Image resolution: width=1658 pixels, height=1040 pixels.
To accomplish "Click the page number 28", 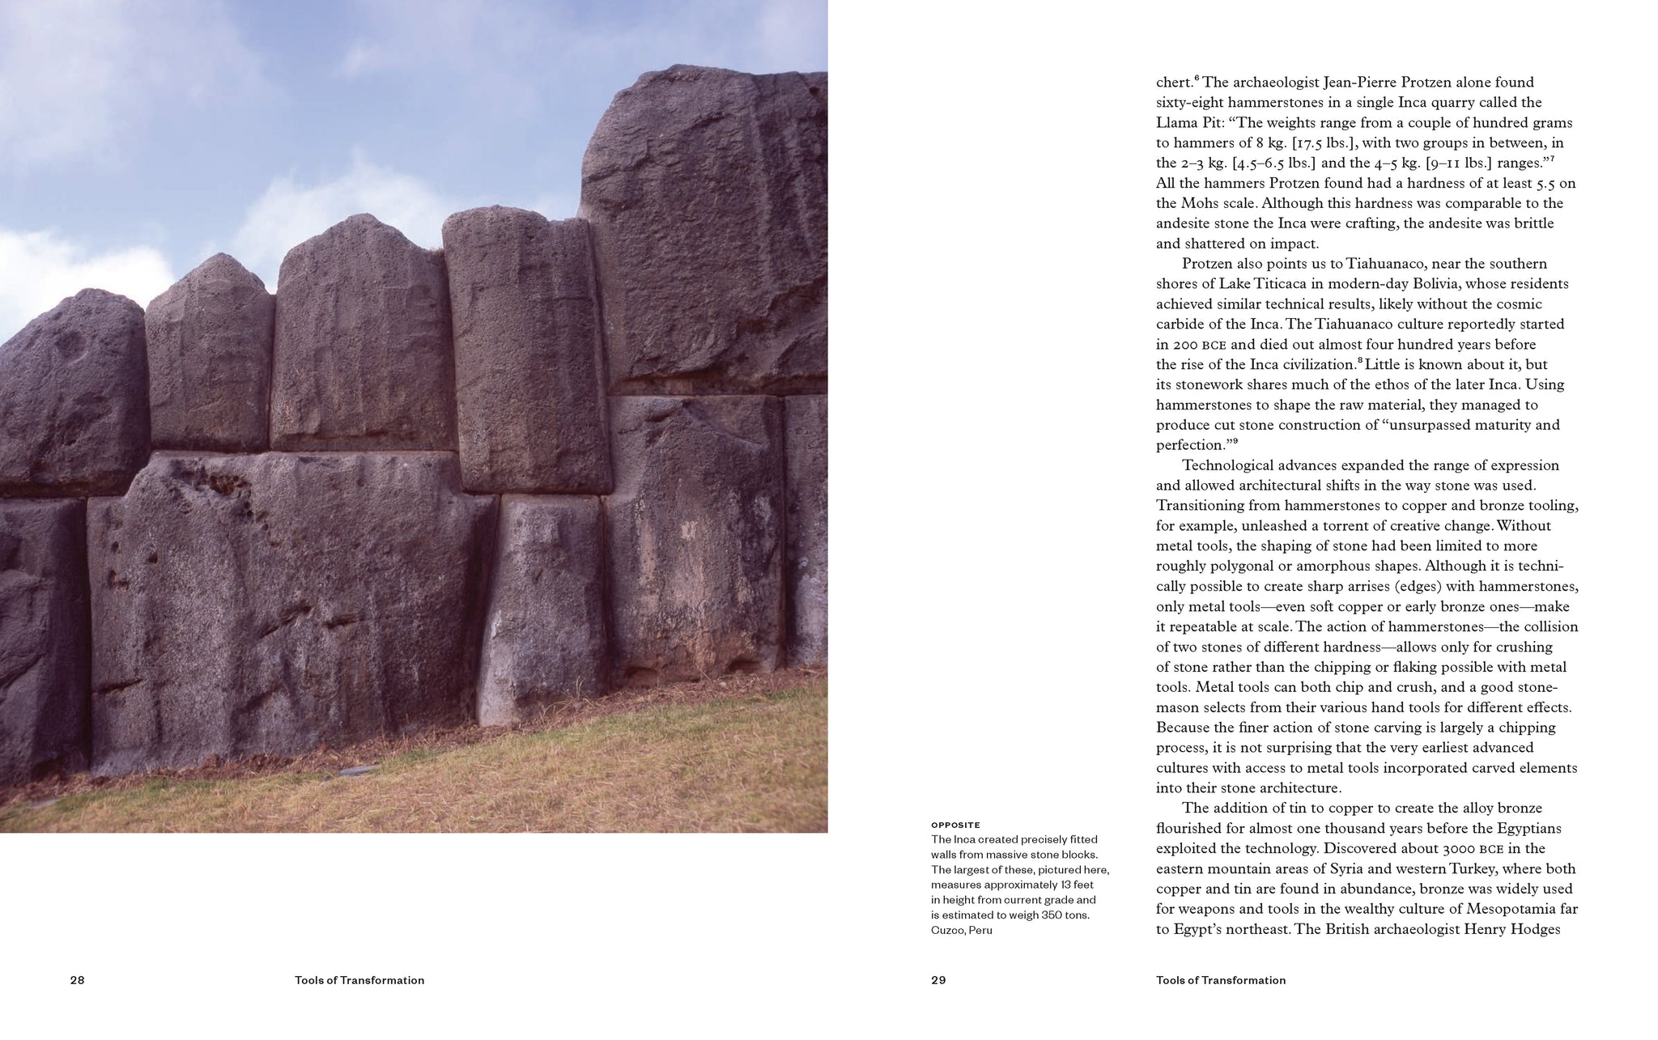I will point(77,980).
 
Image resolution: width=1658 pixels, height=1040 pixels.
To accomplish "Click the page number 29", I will point(938,980).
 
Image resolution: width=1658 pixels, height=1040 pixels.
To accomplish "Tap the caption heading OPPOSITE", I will point(955,826).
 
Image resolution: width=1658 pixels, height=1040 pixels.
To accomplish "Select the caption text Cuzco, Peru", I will point(961,930).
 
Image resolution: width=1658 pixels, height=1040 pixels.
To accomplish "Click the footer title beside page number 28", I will point(359,980).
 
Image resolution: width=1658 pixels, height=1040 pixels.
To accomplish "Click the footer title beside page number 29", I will point(1221,980).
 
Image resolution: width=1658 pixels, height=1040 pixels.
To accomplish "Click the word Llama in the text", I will point(1175,123).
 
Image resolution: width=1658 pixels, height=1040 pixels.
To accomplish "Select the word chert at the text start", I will point(1174,83).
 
